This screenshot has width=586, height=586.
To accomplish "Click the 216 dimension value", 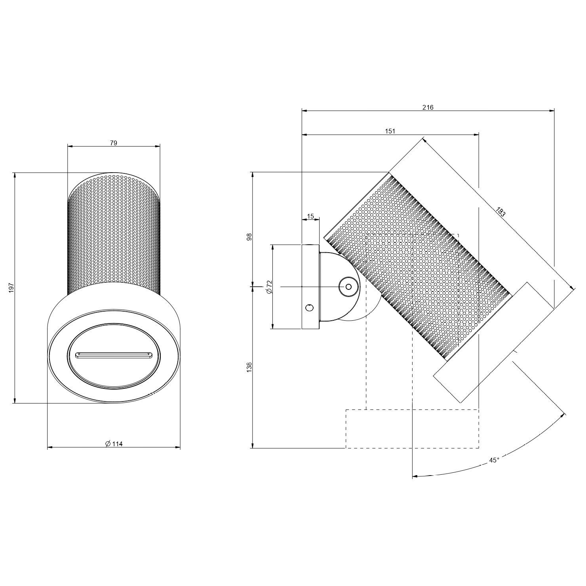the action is point(428,107).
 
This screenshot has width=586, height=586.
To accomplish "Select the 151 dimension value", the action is point(390,131).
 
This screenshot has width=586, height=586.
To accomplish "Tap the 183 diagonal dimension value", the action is point(500,212).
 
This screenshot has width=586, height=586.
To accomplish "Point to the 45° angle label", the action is point(494,460).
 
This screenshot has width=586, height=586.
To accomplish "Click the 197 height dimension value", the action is point(11,288).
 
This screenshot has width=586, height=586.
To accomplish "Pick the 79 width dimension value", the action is point(114,143).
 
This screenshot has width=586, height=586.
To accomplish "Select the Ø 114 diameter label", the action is point(114,444).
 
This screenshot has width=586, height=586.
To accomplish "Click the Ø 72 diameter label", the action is point(269,287).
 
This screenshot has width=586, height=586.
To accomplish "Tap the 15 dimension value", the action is point(310,216).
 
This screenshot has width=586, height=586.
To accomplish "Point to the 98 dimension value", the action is point(249,237).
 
